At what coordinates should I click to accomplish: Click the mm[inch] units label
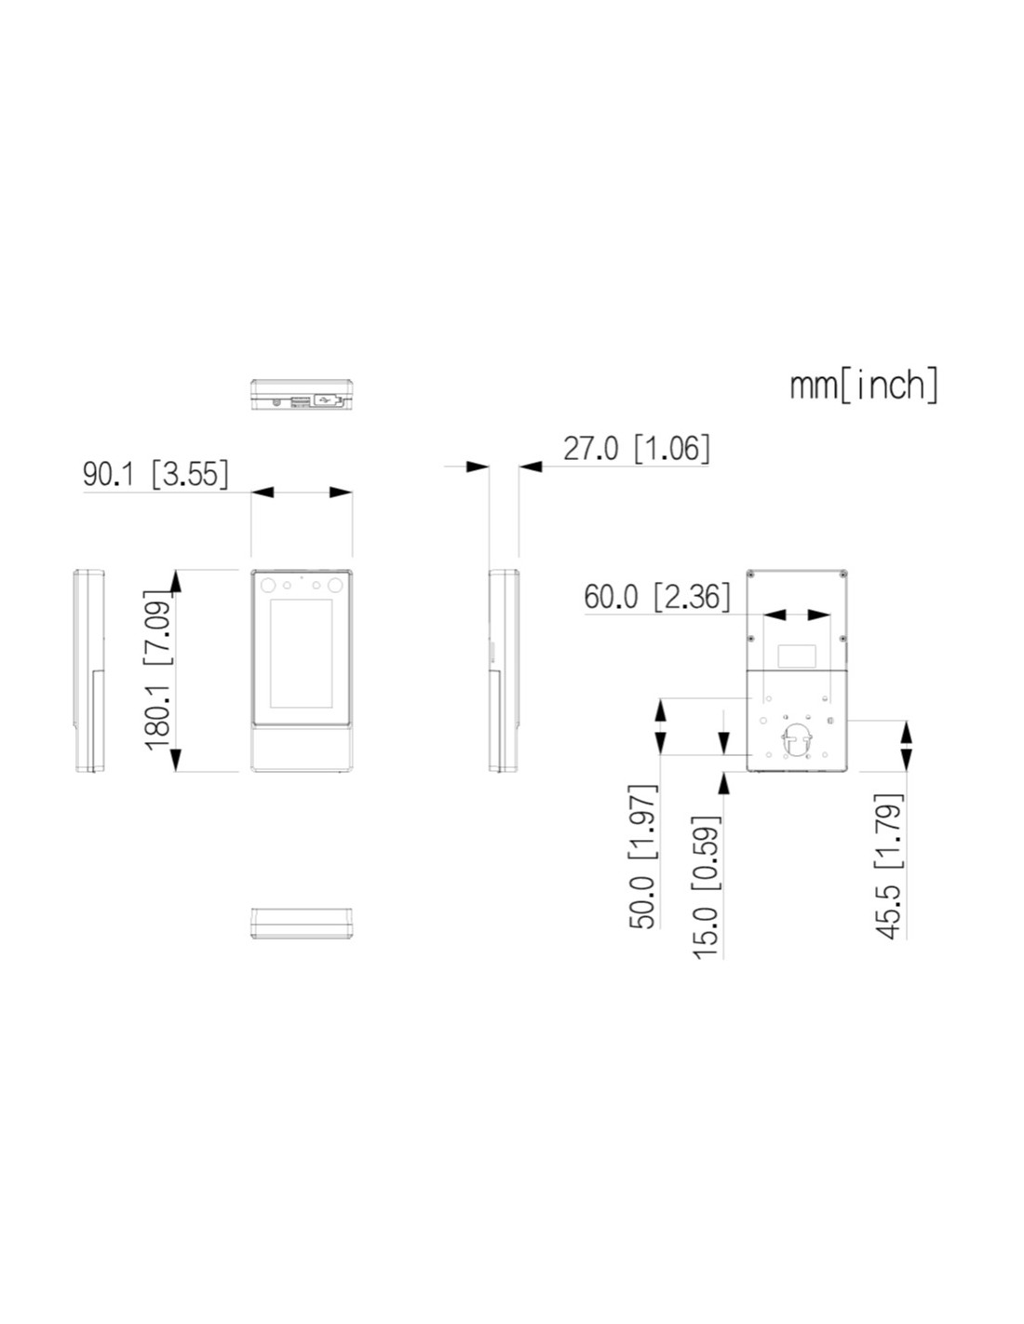pyautogui.click(x=863, y=385)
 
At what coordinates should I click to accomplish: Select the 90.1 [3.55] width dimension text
pyautogui.click(x=156, y=474)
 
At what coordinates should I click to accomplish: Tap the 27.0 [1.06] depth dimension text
pyautogui.click(x=637, y=449)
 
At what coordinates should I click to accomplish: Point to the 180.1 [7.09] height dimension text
pyautogui.click(x=156, y=669)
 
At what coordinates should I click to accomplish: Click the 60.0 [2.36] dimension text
pyautogui.click(x=656, y=597)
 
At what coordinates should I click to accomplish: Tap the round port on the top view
pyautogui.click(x=277, y=401)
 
